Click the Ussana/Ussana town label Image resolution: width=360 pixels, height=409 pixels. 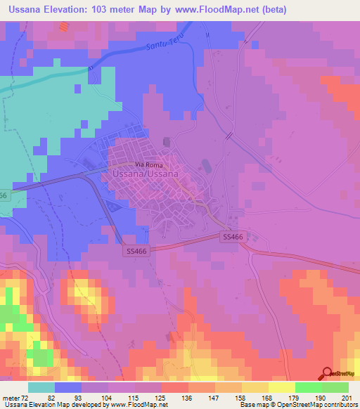tap(145, 172)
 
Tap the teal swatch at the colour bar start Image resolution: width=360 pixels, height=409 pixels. tap(41, 387)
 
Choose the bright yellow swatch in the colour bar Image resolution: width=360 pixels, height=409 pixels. tap(281, 387)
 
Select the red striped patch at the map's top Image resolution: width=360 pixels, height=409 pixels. tap(65, 27)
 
